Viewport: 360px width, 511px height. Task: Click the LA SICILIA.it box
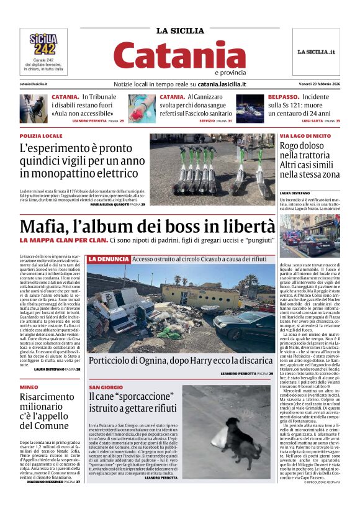click(316, 52)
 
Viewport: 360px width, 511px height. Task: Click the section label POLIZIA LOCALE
click(41, 135)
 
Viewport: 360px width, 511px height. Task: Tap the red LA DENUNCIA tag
click(109, 259)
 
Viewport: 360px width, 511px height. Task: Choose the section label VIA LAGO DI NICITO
click(305, 135)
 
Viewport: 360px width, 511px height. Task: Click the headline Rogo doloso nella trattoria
click(309, 160)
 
